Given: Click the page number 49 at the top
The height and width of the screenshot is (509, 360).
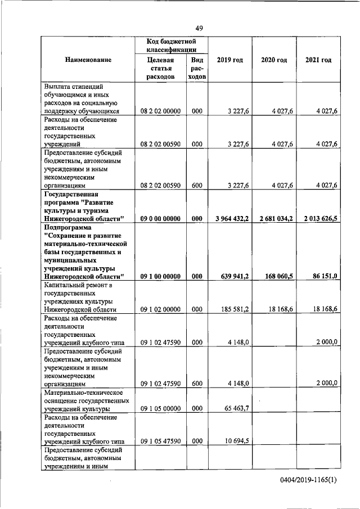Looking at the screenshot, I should (x=199, y=29).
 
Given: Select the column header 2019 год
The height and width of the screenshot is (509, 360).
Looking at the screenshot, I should (x=229, y=60).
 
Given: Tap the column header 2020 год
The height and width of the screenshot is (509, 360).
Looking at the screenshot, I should (x=274, y=60).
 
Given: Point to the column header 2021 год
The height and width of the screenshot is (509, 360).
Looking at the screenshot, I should (x=318, y=60).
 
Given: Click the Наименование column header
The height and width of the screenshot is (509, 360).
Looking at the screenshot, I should (x=87, y=60).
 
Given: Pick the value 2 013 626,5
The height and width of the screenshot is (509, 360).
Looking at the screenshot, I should (x=318, y=218).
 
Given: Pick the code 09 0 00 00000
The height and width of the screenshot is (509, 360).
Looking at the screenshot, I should (x=160, y=218).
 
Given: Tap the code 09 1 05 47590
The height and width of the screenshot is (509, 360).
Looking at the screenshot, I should (x=160, y=442).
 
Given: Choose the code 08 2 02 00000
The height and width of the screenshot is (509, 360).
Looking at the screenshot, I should (x=160, y=112).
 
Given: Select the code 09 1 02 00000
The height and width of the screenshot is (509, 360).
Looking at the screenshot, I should (x=160, y=309).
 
